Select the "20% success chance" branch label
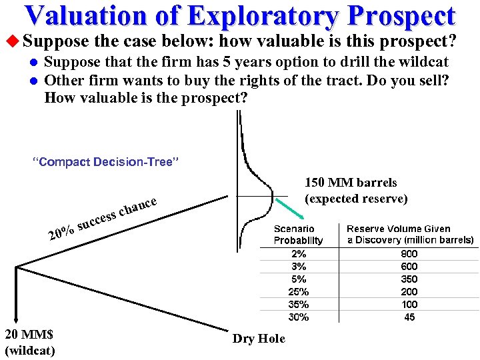coord(103,218)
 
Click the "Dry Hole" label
coord(259,339)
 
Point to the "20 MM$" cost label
coord(29,335)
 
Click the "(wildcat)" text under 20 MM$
coord(29,350)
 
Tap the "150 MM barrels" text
coord(351,183)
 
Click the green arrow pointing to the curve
coord(292,211)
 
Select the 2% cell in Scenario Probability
coord(299,253)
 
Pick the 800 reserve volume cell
coord(409,253)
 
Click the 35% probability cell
coord(299,304)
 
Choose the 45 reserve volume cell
coord(409,317)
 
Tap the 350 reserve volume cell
coord(409,279)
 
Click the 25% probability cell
coord(299,291)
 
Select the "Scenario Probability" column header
coord(299,235)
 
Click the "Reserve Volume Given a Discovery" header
coord(409,234)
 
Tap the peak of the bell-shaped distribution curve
coord(272,197)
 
